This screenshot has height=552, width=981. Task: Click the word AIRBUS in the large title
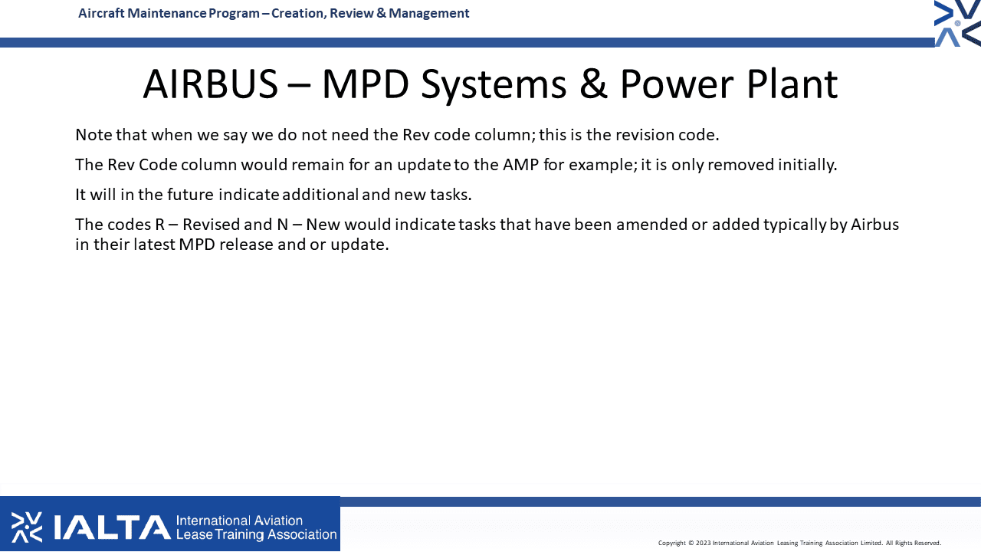click(x=211, y=84)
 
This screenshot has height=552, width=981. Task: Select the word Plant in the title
click(x=792, y=84)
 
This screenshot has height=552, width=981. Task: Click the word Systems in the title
click(x=494, y=86)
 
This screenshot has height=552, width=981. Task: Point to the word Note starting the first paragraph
click(x=94, y=135)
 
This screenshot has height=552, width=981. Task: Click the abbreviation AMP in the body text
click(x=520, y=165)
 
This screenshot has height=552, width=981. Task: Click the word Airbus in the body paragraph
click(x=874, y=225)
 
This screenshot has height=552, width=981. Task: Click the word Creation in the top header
click(x=298, y=14)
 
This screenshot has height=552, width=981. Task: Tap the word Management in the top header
click(x=428, y=14)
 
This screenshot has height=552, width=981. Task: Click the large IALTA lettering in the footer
click(x=112, y=527)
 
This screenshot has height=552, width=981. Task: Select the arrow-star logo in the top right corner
click(x=957, y=23)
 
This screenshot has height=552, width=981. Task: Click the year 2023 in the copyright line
click(x=703, y=544)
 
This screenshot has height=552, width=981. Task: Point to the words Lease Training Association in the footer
click(x=256, y=534)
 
